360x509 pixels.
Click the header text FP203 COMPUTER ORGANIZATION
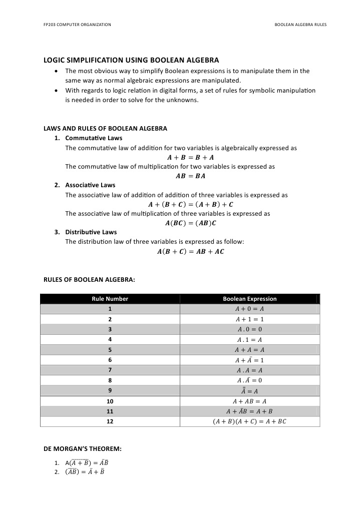77,24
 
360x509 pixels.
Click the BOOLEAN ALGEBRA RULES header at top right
300,24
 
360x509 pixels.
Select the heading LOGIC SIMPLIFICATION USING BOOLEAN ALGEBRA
132,60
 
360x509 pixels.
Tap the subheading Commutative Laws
94,138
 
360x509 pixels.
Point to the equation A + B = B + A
186,157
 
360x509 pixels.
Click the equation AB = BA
190,176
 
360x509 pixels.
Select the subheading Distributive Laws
91,232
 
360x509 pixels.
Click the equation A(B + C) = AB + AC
190,252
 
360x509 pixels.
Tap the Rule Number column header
110,299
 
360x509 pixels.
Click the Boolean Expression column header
249,299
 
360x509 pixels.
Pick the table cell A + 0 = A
249,309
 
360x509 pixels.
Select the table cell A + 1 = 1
249,319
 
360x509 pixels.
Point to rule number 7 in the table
110,370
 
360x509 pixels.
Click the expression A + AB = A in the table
249,401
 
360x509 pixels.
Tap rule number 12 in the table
110,421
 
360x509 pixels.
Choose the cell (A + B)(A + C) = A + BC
249,421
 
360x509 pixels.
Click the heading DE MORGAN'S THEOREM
83,448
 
